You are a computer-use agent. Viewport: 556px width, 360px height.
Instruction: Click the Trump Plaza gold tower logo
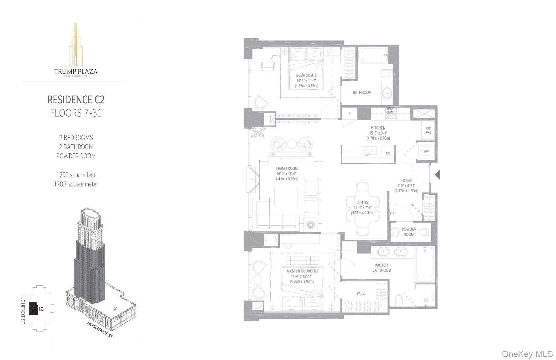tap(76, 44)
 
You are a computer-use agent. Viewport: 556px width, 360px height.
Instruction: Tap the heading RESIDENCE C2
tap(76, 100)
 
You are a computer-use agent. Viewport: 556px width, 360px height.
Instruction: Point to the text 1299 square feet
tap(76, 175)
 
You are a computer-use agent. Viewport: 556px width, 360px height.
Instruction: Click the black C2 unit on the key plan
tap(34, 309)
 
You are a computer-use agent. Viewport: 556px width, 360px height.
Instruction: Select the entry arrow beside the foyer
tap(437, 175)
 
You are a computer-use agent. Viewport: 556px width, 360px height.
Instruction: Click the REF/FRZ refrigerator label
tap(428, 130)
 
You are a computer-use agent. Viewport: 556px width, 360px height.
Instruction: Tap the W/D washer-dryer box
tap(426, 151)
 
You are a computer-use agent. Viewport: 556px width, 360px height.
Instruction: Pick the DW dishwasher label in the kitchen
tap(388, 154)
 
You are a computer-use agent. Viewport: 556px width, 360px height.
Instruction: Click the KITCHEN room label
tap(378, 128)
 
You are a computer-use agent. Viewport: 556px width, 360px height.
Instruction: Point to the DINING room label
tap(363, 202)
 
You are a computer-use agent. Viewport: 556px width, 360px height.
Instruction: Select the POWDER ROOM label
tap(409, 232)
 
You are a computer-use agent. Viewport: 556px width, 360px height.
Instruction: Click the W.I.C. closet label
tap(361, 293)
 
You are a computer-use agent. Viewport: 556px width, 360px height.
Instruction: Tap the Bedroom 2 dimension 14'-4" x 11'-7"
tap(306, 81)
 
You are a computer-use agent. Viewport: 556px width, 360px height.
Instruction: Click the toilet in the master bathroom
tap(399, 300)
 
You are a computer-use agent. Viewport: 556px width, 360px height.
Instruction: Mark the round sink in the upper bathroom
tap(387, 93)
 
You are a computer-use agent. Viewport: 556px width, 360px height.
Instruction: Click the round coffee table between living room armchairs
tap(292, 144)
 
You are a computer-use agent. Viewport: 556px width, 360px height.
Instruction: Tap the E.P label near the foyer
tap(392, 214)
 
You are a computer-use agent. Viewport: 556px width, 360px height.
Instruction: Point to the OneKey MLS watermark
tap(527, 354)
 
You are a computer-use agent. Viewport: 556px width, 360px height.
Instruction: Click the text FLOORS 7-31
tap(76, 113)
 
